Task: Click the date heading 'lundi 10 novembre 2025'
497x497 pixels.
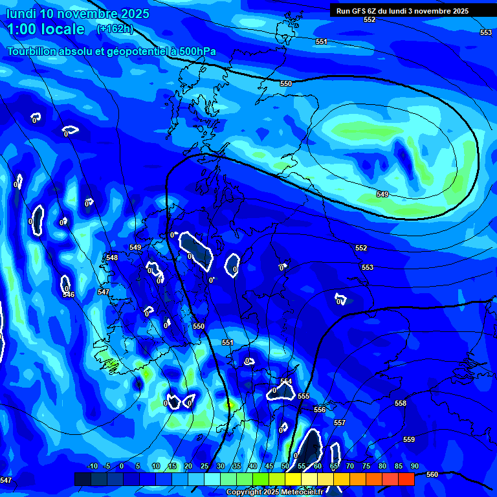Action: [x=78, y=14]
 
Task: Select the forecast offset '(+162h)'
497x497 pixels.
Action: [x=115, y=29]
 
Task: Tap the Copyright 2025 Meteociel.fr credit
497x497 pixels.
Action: [x=274, y=492]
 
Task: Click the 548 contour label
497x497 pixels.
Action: [x=112, y=258]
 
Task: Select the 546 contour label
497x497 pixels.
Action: [x=69, y=294]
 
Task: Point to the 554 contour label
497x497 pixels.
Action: [x=286, y=381]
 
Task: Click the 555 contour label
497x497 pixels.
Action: [x=304, y=396]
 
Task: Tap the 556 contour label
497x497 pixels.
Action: [x=320, y=410]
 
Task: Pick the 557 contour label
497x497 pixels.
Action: [x=340, y=423]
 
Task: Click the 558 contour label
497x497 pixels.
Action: [x=401, y=403]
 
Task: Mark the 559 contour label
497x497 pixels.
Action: [x=409, y=439]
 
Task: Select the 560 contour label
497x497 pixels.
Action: [x=432, y=474]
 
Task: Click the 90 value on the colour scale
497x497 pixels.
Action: [x=414, y=466]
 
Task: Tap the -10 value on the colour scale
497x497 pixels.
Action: [x=92, y=466]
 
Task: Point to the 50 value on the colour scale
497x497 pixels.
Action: [x=285, y=466]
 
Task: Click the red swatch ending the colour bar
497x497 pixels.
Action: [x=406, y=479]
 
